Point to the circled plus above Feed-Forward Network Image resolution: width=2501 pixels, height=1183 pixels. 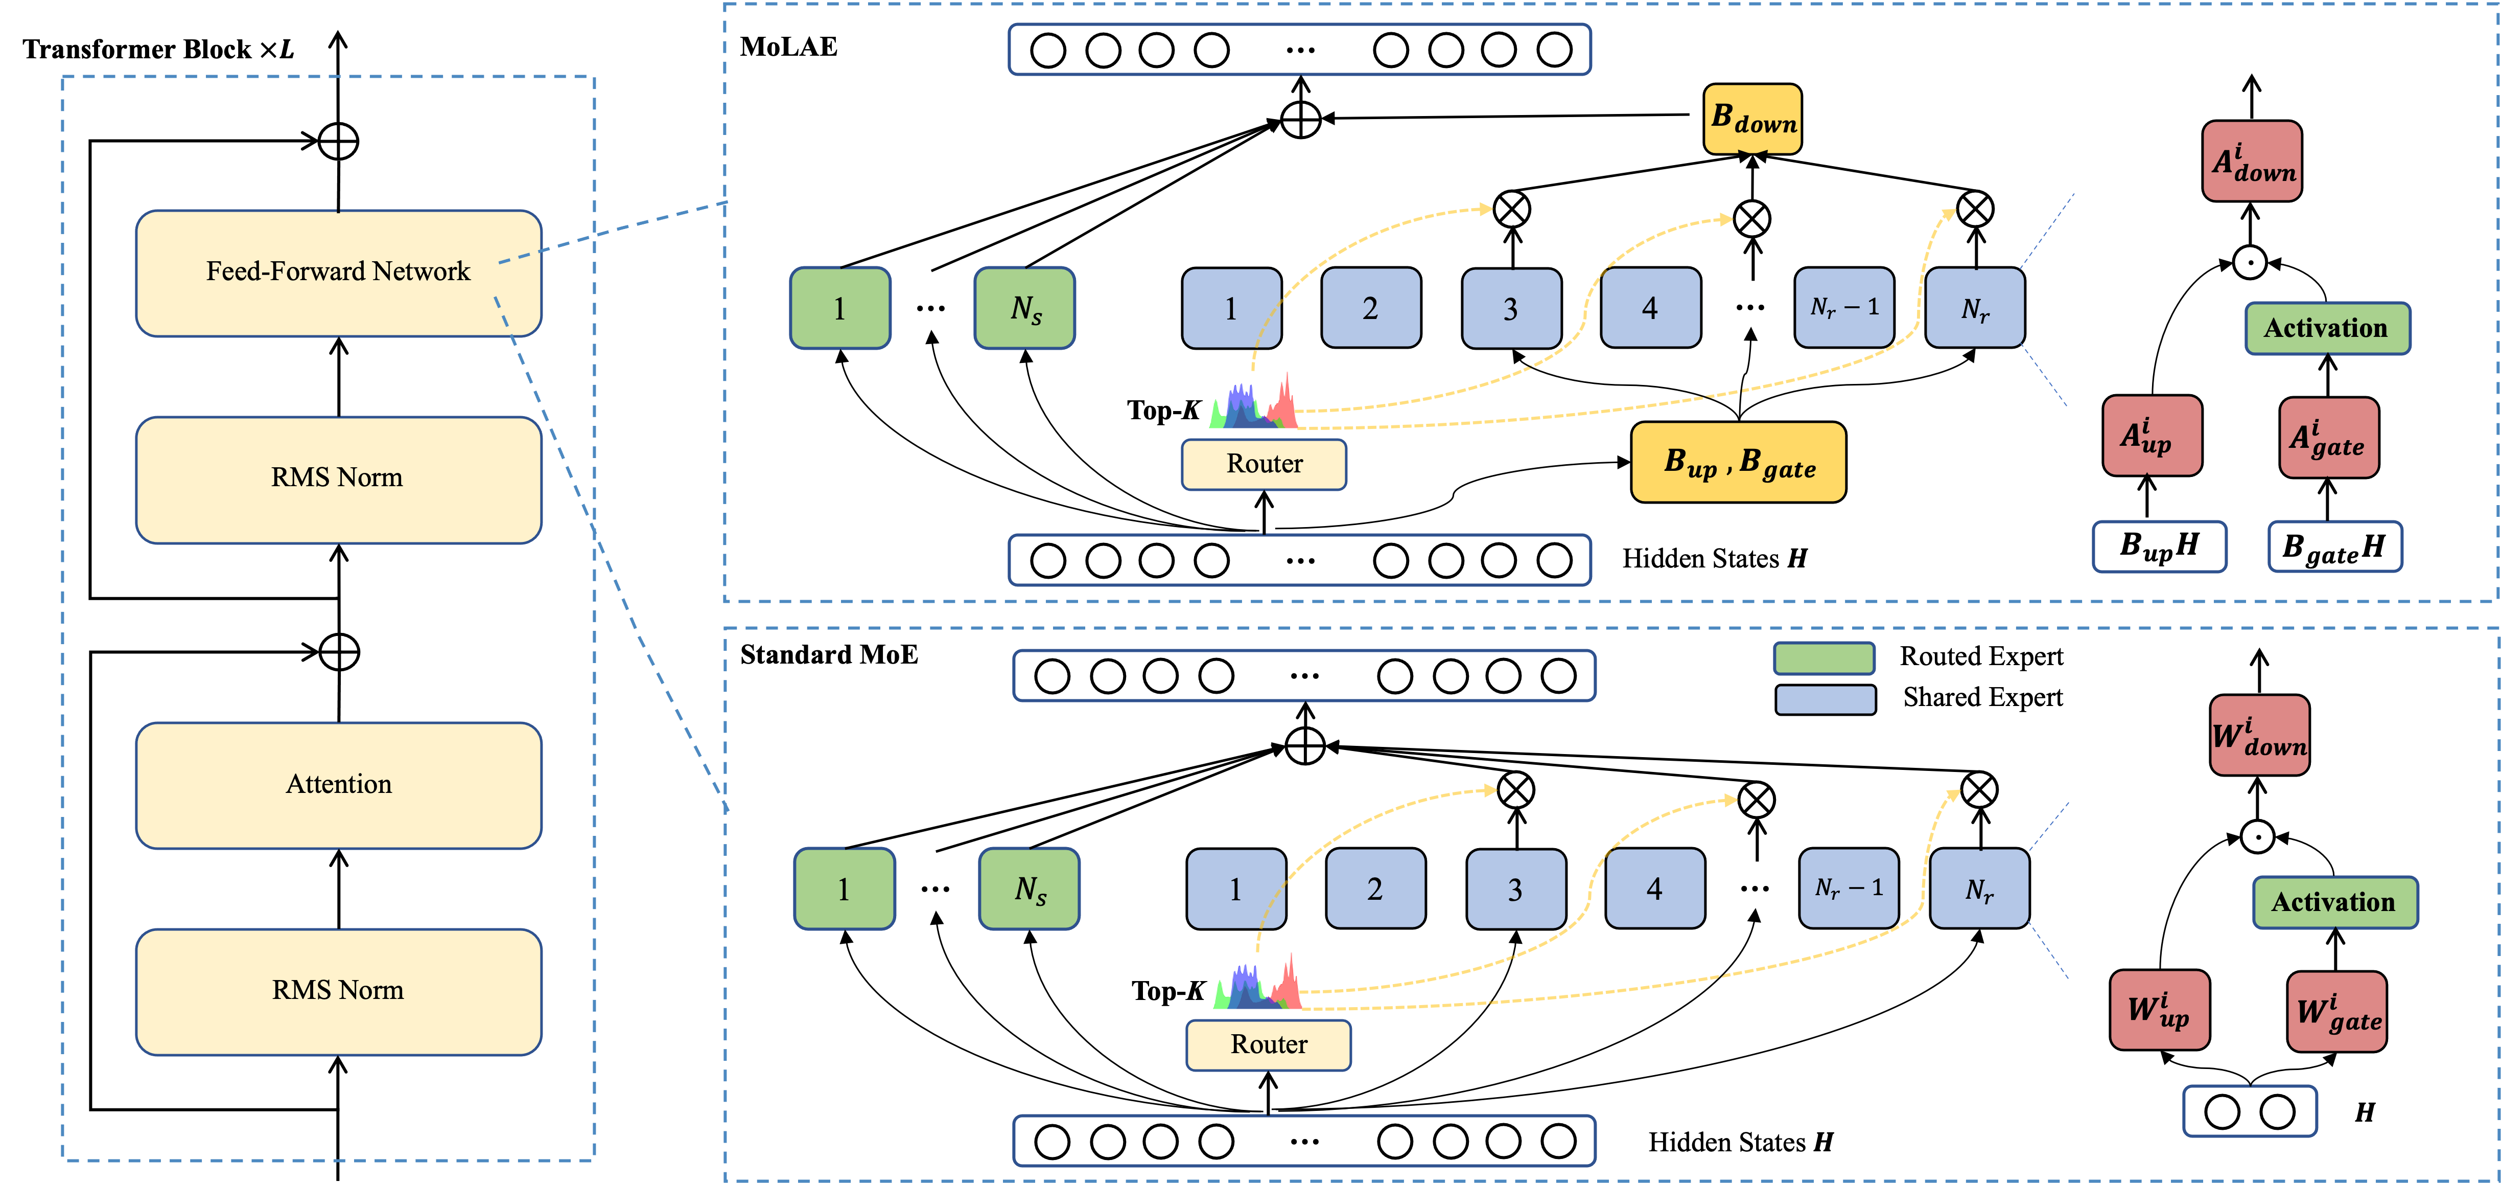pos(338,142)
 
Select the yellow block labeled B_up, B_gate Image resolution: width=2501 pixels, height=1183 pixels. pos(1738,462)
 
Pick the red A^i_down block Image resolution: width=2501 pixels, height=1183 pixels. pos(2252,161)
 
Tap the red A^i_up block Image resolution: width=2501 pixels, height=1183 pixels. pos(2152,436)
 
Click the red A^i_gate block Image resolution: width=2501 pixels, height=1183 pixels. pos(2328,438)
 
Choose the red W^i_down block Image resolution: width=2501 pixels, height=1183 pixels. pos(2259,735)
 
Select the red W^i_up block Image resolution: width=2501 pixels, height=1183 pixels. pos(2159,1010)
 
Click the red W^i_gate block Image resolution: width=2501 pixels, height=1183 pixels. pos(2336,1012)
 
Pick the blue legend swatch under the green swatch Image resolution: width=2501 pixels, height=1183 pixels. pos(1825,699)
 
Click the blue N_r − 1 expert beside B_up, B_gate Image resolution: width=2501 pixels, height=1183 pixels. pos(1844,308)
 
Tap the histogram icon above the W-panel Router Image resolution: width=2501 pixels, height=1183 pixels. pos(1256,981)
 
